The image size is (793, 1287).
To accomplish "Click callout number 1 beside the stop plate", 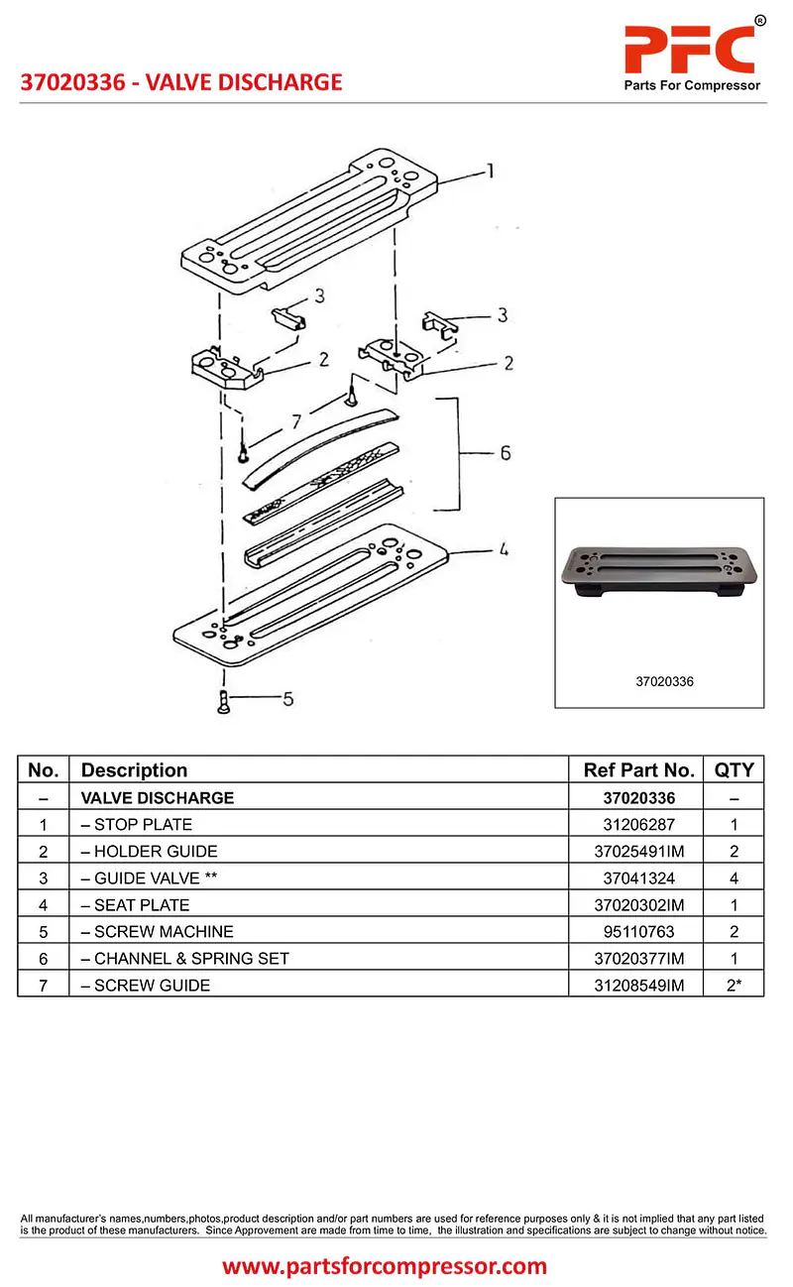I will tap(489, 172).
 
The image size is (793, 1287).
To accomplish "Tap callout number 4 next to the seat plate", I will tap(504, 548).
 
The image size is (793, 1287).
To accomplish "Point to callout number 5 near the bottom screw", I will tap(287, 699).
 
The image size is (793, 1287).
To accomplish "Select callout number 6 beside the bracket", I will tap(505, 453).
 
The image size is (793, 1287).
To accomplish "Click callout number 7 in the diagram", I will tap(295, 422).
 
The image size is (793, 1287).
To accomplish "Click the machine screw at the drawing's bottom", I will tap(224, 703).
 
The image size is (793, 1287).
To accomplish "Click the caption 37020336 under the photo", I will tap(664, 682).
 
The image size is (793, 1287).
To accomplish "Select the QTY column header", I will tap(734, 770).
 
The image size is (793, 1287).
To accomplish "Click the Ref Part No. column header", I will tap(638, 770).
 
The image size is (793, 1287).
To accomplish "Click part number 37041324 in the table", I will tap(638, 877).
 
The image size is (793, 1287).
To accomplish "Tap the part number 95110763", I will tap(638, 931).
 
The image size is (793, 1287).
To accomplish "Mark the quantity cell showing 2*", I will tap(734, 985).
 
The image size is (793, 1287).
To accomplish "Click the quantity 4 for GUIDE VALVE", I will tap(734, 877).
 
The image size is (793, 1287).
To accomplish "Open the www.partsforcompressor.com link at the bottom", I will tap(385, 1266).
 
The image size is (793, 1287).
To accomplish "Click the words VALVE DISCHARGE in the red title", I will tap(244, 82).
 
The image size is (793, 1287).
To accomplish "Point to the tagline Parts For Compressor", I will tap(692, 85).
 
